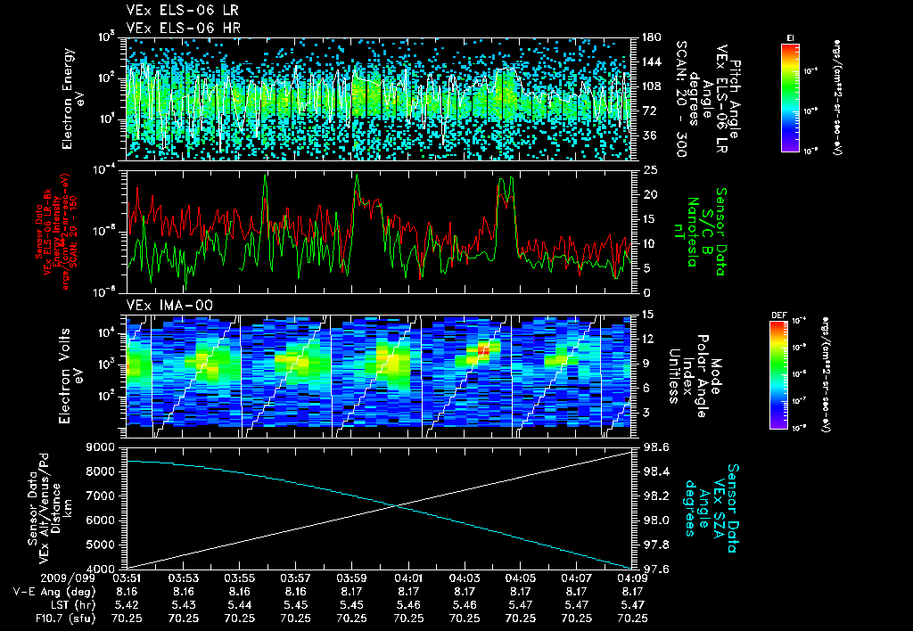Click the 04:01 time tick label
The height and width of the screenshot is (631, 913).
(408, 578)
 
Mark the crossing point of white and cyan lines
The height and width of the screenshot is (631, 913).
(398, 506)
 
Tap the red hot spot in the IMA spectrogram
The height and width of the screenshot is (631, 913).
(482, 350)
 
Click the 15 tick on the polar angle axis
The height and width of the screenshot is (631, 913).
(641, 315)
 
